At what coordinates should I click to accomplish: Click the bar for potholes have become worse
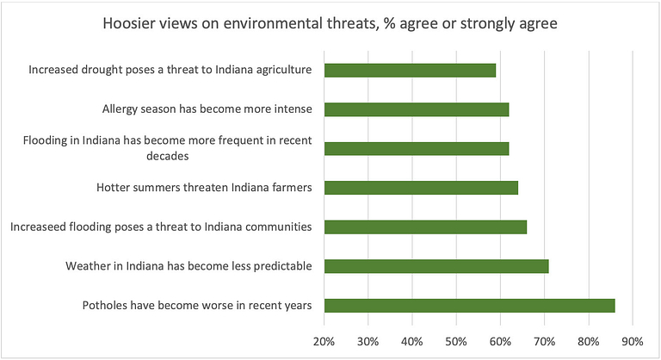coord(469,306)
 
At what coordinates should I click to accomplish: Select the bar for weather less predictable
coord(436,266)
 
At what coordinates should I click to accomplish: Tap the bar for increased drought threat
coord(410,70)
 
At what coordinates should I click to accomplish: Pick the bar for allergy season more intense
coord(417,109)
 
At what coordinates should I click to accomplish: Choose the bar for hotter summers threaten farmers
coord(421,188)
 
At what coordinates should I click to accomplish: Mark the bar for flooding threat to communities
coord(425,227)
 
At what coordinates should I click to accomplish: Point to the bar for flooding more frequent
coord(417,148)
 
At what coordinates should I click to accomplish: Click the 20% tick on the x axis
coord(324,341)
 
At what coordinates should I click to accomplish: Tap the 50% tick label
coord(456,341)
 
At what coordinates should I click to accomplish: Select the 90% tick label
coord(633,341)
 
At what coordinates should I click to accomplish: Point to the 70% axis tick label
coord(544,341)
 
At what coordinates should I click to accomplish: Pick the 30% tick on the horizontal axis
coord(368,341)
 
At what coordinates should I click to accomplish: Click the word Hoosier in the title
coord(127,23)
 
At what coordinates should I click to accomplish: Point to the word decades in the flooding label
coord(167,156)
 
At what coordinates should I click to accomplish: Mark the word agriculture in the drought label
coord(286,70)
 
